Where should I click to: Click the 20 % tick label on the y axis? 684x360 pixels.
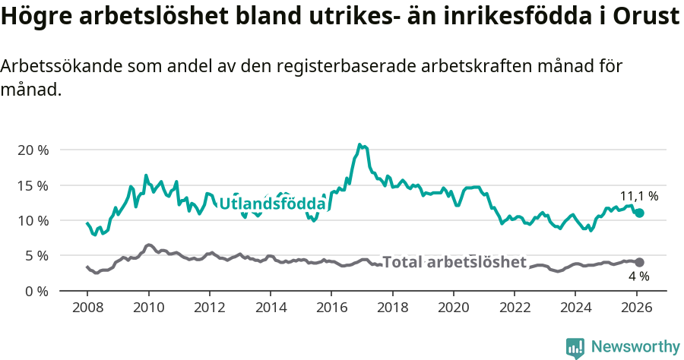click(33, 150)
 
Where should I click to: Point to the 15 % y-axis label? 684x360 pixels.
click(33, 185)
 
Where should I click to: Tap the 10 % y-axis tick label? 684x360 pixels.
click(33, 220)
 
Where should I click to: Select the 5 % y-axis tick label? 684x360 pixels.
click(36, 256)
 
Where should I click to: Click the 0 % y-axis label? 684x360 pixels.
click(36, 291)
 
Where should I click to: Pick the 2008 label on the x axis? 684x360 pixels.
click(87, 308)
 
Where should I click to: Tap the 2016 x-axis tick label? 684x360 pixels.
click(331, 308)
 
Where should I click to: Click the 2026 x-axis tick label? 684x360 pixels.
click(637, 308)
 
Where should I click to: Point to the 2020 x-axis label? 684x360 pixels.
click(454, 308)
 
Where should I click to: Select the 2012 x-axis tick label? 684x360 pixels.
click(210, 308)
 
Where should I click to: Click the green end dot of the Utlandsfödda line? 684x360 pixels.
click(640, 213)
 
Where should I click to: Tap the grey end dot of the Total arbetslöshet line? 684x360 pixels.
click(640, 262)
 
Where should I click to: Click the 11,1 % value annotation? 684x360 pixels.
click(639, 196)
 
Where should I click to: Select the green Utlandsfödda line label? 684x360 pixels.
click(272, 204)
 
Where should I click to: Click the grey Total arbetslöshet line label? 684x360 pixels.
click(454, 262)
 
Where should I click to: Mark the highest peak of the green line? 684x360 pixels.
click(360, 144)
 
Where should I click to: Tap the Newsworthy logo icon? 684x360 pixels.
click(575, 347)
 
